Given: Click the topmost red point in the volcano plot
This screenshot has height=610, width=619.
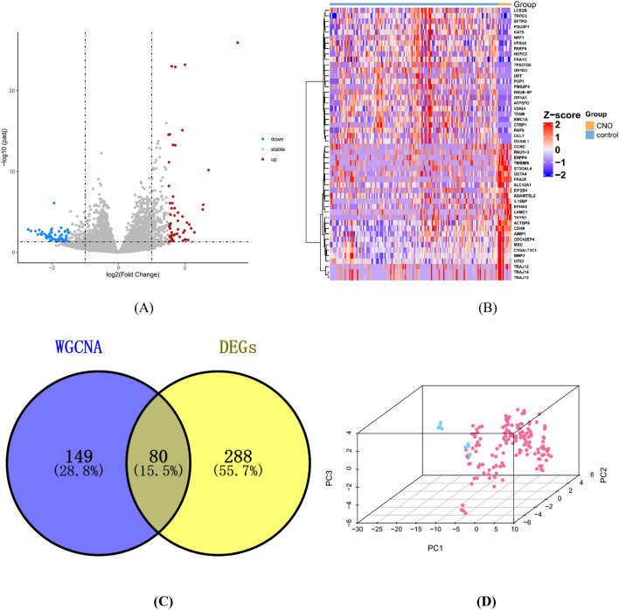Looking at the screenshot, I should pyautogui.click(x=236, y=43).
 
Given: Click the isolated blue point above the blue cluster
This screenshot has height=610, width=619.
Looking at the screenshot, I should pyautogui.click(x=57, y=202).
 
